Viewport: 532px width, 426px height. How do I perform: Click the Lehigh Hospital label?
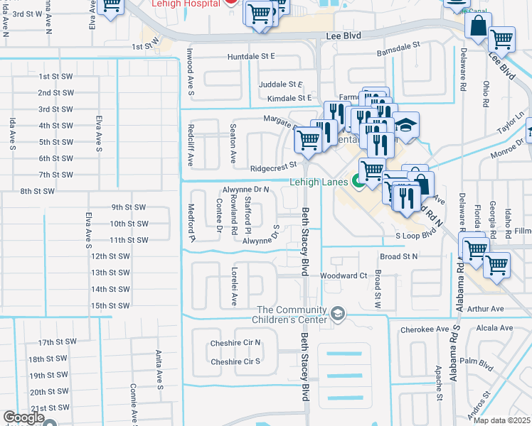click(x=183, y=3)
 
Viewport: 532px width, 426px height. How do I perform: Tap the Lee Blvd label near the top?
click(x=344, y=35)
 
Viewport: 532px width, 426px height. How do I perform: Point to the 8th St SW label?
click(x=38, y=191)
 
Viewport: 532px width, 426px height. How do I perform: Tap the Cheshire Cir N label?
click(x=235, y=342)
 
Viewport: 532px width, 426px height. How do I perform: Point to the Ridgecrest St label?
click(x=272, y=168)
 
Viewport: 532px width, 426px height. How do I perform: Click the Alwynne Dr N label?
click(x=245, y=190)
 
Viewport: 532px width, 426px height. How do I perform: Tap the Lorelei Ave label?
click(x=233, y=287)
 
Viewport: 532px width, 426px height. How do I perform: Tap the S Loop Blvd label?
click(x=415, y=234)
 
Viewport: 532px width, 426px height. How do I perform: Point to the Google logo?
click(x=23, y=418)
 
